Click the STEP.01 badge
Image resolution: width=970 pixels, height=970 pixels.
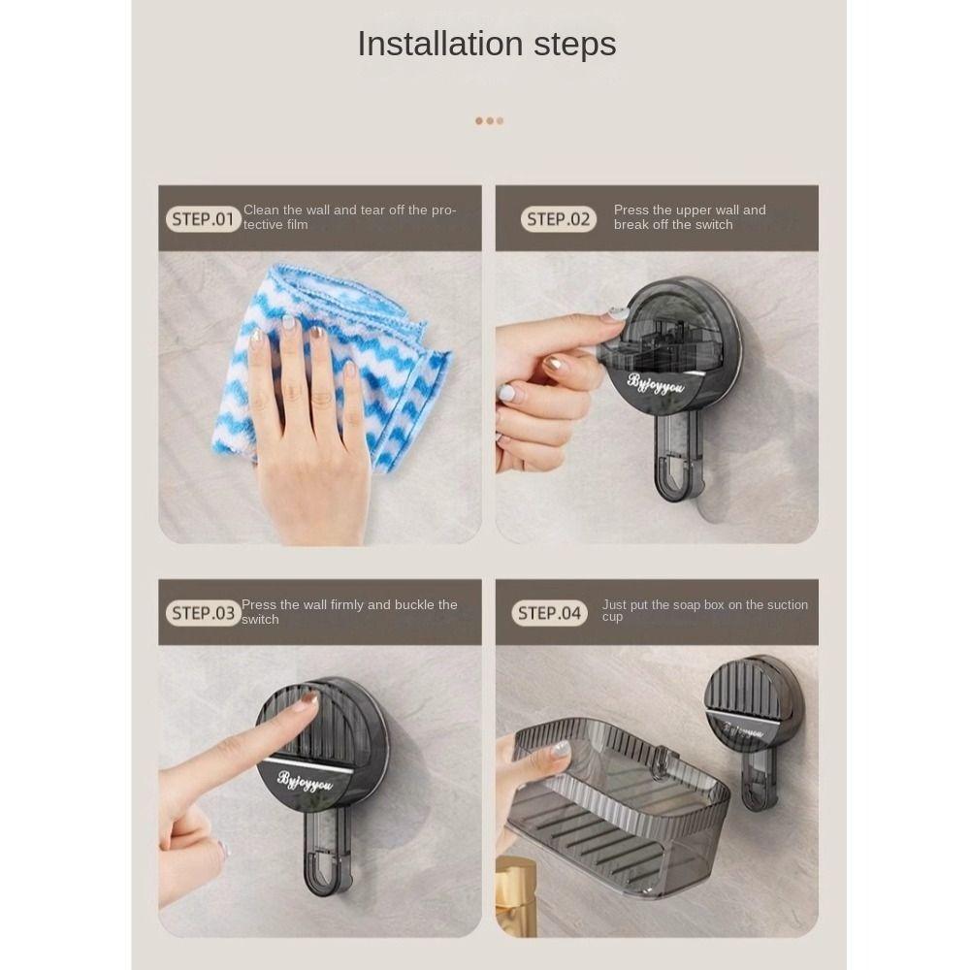pos(203,219)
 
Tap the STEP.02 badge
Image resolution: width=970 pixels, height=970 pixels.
pos(558,219)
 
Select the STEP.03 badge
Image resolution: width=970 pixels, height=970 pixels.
pos(203,613)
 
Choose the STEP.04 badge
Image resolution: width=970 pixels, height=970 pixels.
pos(549,613)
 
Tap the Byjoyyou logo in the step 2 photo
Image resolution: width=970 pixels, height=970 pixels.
pos(656,384)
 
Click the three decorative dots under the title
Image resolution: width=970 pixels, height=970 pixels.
pos(489,121)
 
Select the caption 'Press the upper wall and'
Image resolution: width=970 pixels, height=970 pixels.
pos(690,210)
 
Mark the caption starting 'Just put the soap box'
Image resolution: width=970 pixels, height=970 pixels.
pos(705,604)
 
